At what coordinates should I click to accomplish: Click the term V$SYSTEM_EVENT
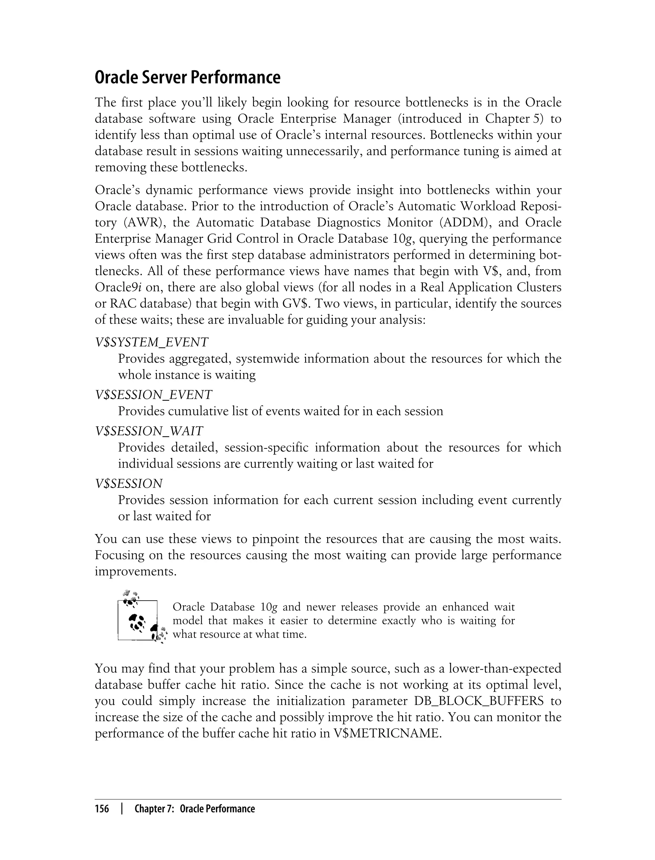click(x=152, y=342)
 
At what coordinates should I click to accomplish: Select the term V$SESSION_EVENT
click(x=154, y=395)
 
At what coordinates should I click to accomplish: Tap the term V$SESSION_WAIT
click(x=149, y=431)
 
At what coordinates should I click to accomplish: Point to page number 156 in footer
click(x=102, y=809)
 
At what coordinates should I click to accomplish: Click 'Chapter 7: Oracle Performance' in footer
click(x=194, y=809)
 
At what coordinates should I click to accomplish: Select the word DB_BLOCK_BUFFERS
click(x=479, y=701)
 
